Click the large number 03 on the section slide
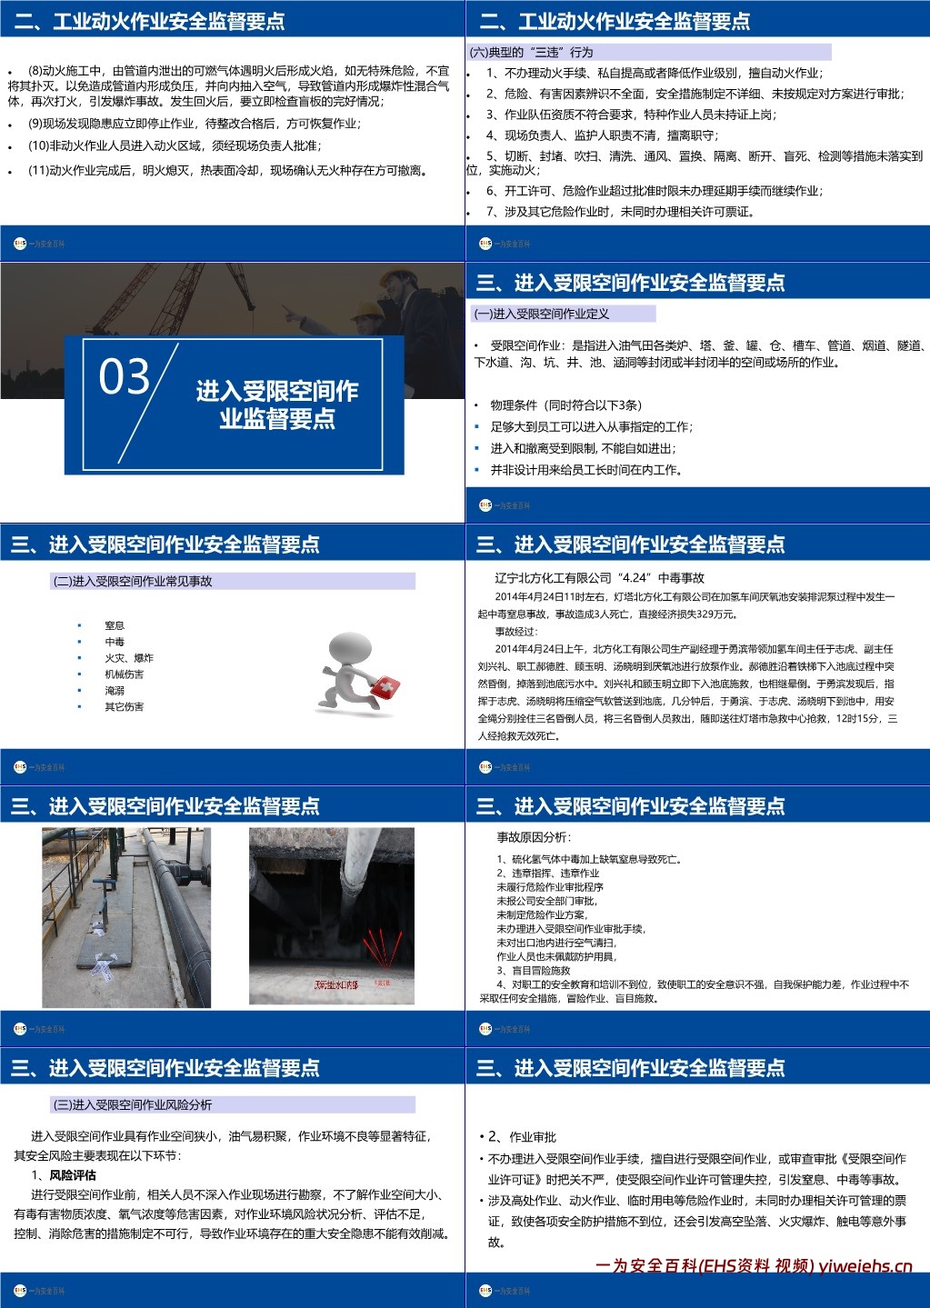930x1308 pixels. pos(124,376)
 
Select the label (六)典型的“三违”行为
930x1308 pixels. pos(531,52)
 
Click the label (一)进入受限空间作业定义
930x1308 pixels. pos(542,314)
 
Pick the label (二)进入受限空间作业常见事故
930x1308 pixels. pos(133,581)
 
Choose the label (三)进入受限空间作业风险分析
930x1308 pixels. pos(133,1104)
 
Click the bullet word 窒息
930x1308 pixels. pos(115,625)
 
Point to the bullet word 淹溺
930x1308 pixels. pos(115,691)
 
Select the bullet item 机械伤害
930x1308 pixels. pos(124,674)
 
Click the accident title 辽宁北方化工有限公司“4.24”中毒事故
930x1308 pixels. pos(600,577)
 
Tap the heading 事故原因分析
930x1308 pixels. pos(534,836)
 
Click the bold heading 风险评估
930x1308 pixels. pos(73,1174)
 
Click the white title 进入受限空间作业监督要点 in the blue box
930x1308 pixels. pos(277,404)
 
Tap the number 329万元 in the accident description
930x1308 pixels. pos(715,614)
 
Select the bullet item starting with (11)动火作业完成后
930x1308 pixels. pos(227,170)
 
